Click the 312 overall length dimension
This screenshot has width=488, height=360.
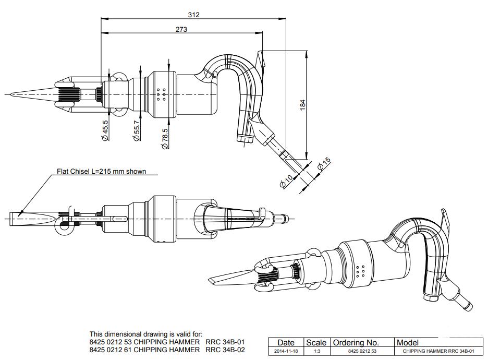[x=193, y=15]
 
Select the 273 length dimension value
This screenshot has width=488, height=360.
[x=181, y=29]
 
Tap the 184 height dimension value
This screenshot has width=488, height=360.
[x=302, y=104]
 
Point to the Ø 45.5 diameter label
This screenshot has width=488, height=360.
[x=105, y=130]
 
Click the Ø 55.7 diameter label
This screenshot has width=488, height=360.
[x=137, y=130]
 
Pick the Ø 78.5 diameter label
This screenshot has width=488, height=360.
[x=165, y=139]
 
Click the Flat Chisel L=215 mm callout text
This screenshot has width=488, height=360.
[x=101, y=171]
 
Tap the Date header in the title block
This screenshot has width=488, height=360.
[x=286, y=343]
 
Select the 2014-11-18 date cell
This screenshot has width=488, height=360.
[x=286, y=351]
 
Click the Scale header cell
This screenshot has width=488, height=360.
[x=316, y=343]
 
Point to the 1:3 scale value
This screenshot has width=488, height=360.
[x=316, y=351]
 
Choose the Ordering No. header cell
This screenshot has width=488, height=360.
[x=356, y=343]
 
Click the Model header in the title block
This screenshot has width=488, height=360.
[x=408, y=343]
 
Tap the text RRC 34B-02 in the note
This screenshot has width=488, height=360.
[x=225, y=350]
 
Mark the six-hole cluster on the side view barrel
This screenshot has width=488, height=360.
[x=161, y=93]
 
